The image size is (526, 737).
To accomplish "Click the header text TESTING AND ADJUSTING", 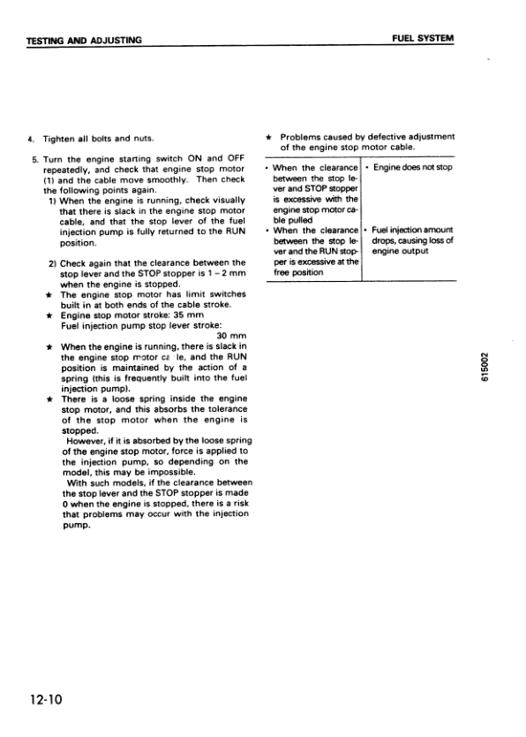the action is [x=84, y=40].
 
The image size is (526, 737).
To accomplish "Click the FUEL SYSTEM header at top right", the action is [x=423, y=40].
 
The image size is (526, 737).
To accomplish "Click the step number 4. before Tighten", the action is [x=32, y=139].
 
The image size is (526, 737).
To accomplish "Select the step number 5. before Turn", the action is [x=32, y=157].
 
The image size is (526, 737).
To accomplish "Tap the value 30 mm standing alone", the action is [x=230, y=336].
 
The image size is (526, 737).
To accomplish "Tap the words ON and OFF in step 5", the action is [x=208, y=157].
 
